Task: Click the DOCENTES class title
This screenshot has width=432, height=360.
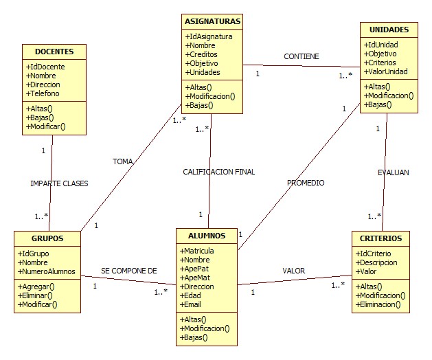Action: pos(54,52)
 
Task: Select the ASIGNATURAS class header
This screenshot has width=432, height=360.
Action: pos(213,21)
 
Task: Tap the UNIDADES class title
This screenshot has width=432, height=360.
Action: pos(389,30)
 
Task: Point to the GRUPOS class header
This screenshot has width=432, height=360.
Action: pos(48,238)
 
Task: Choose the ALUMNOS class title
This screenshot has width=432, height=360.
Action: pos(207,235)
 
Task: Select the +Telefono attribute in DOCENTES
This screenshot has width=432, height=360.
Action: pos(44,93)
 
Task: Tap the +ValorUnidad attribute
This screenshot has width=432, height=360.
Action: pos(387,72)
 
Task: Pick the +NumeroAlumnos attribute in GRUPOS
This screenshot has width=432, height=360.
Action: pos(47,271)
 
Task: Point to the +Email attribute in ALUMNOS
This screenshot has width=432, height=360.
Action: pos(192,305)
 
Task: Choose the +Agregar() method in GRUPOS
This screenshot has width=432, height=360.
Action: pos(37,286)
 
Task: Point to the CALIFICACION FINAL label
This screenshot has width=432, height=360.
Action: pos(219,172)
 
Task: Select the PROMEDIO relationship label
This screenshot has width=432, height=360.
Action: pos(306,183)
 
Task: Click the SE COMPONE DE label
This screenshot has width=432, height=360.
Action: pos(129,271)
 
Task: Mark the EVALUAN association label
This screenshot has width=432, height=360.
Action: pos(393,172)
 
